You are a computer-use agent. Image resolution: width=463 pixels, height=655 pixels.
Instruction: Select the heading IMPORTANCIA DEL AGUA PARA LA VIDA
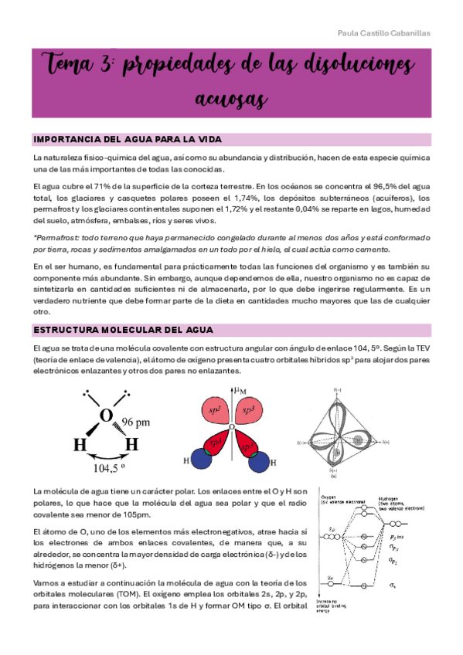[x=128, y=140]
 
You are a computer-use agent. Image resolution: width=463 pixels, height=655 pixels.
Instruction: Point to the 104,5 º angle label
[x=110, y=468]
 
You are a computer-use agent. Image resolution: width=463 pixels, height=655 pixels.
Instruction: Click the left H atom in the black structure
[x=79, y=444]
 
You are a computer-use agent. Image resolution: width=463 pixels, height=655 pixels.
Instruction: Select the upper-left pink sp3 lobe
[x=215, y=412]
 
